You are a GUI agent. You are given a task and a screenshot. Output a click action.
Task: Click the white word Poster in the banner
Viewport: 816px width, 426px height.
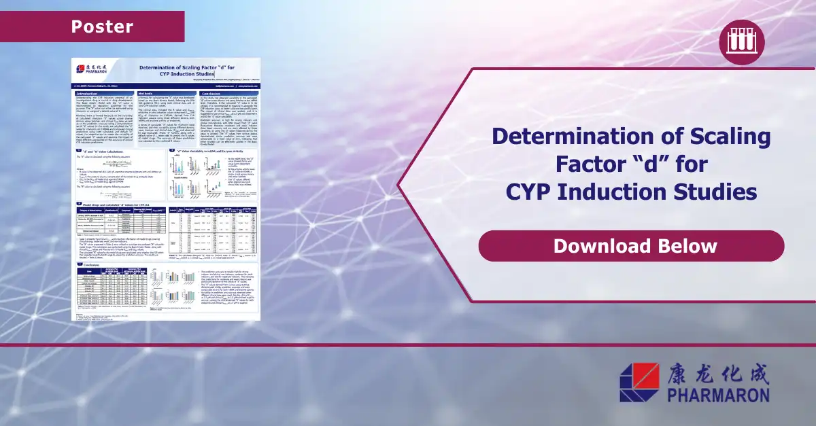[102, 26]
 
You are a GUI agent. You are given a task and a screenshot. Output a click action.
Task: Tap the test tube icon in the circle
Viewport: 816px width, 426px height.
[742, 42]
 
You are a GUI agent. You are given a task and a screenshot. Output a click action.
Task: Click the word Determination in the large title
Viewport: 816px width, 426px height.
[577, 137]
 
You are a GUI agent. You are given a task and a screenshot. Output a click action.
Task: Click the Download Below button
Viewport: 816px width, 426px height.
[631, 245]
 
